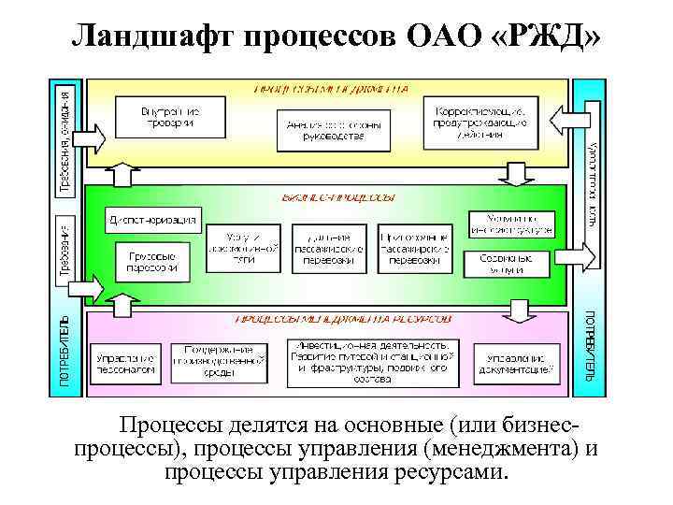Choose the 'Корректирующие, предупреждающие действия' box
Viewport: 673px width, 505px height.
pyautogui.click(x=480, y=122)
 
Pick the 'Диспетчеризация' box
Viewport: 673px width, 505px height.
pyautogui.click(x=152, y=221)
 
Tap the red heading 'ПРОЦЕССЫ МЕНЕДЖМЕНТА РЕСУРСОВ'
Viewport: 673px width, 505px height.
pyautogui.click(x=337, y=319)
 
